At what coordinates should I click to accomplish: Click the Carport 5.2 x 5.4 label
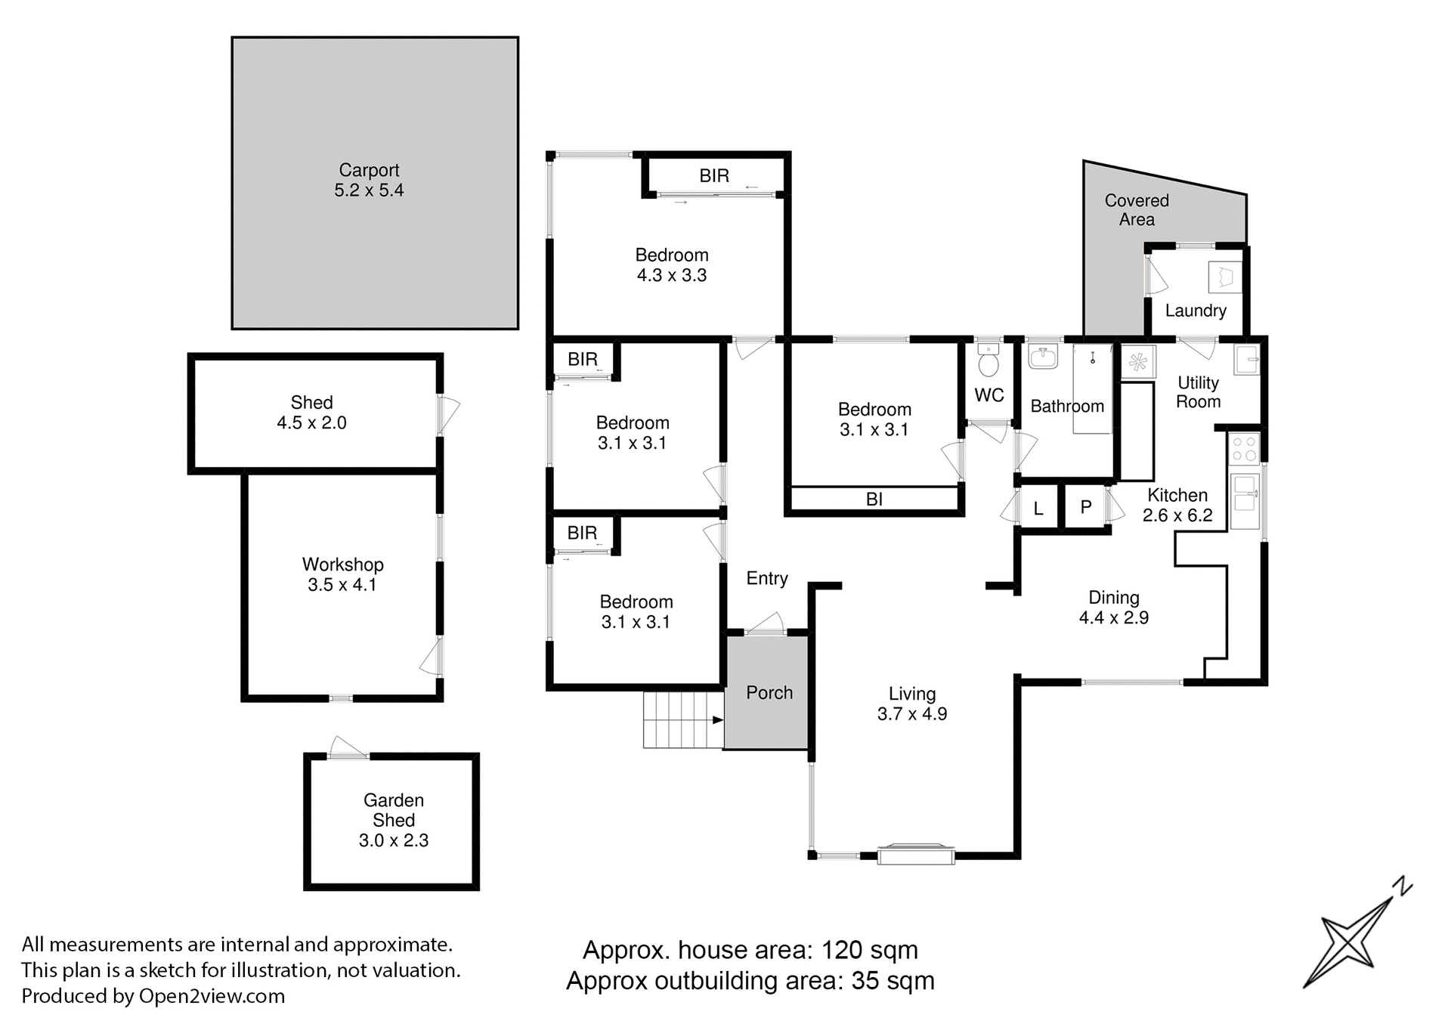pos(369,180)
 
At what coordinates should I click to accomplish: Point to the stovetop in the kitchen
pos(1244,448)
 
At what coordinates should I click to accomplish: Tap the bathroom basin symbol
pos(1044,357)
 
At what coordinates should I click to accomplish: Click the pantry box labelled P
pos(1086,507)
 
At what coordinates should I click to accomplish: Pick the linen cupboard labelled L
pos(1038,509)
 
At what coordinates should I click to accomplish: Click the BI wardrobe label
pos(874,500)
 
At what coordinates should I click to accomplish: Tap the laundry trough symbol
pos(1224,277)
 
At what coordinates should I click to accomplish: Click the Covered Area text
pos(1137,210)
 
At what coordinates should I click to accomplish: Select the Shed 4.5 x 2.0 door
pos(449,414)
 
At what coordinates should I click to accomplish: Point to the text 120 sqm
pos(869,950)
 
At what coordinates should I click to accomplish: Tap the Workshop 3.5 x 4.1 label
pos(342,574)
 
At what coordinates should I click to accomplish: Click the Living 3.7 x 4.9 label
pos(912,704)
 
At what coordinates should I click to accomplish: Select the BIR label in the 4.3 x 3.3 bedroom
pos(714,176)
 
